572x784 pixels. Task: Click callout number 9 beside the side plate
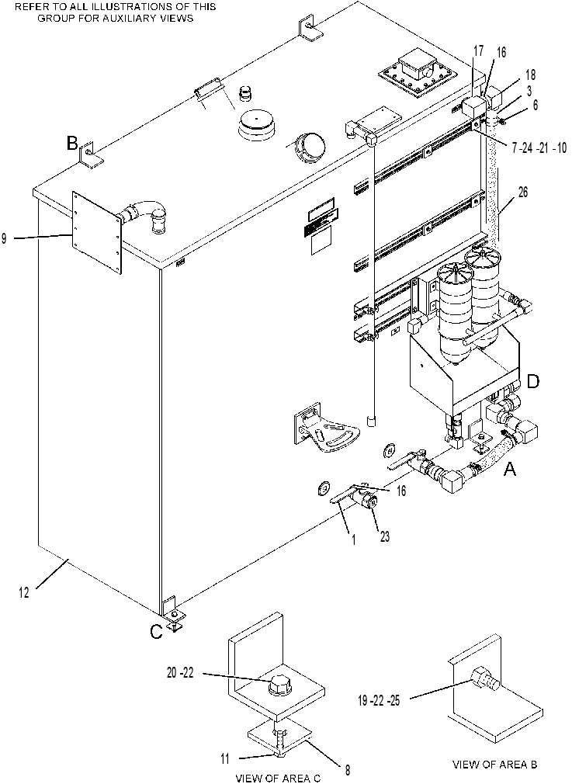coord(4,238)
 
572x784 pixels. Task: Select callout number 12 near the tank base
coord(24,592)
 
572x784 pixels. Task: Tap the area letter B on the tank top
coord(72,144)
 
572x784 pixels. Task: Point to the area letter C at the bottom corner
coord(157,632)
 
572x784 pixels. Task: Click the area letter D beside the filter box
coord(533,381)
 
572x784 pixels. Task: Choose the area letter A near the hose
coord(509,469)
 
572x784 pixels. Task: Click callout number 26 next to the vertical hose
coord(522,192)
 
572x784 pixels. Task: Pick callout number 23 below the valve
coord(384,536)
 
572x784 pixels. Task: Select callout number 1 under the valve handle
coord(353,540)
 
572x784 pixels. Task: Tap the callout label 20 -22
coord(180,674)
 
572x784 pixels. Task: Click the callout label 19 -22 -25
coord(379,700)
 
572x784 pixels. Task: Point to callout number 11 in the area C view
coord(225,758)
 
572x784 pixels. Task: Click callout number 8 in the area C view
coord(347,769)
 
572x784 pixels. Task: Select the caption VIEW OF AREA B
coord(495,764)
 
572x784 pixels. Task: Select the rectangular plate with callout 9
coord(97,233)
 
